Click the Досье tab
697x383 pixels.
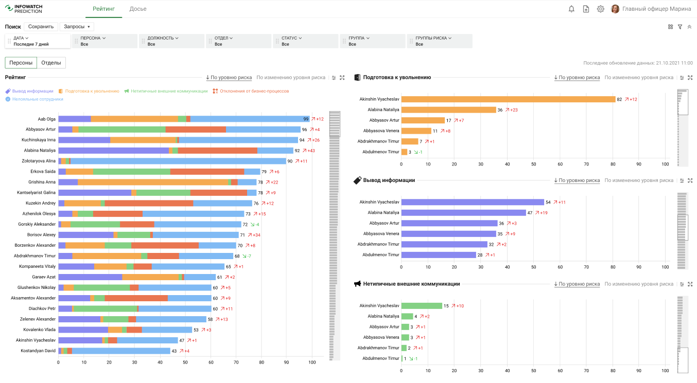pos(138,9)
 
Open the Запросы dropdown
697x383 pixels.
pos(77,27)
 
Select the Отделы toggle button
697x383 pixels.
pos(51,63)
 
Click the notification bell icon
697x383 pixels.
pos(571,9)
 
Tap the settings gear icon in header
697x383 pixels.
pos(600,9)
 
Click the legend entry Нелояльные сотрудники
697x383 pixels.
pos(38,99)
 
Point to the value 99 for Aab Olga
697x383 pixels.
pos(306,119)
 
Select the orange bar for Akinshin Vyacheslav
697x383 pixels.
pos(508,99)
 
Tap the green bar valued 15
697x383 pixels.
pos(422,306)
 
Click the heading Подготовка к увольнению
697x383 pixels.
pos(397,78)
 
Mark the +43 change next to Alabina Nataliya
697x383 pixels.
pos(311,151)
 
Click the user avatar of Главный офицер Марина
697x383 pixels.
pos(615,9)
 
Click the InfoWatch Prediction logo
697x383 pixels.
pos(24,9)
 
